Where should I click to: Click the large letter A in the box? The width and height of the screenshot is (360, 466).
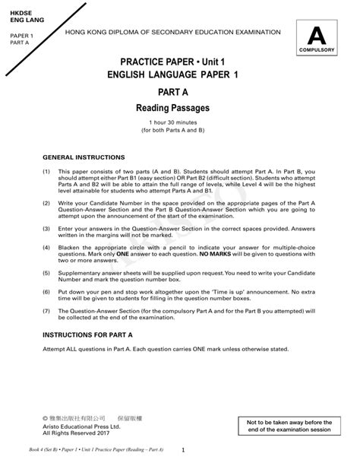318,36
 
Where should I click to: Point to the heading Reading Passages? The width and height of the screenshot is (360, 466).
172,109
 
